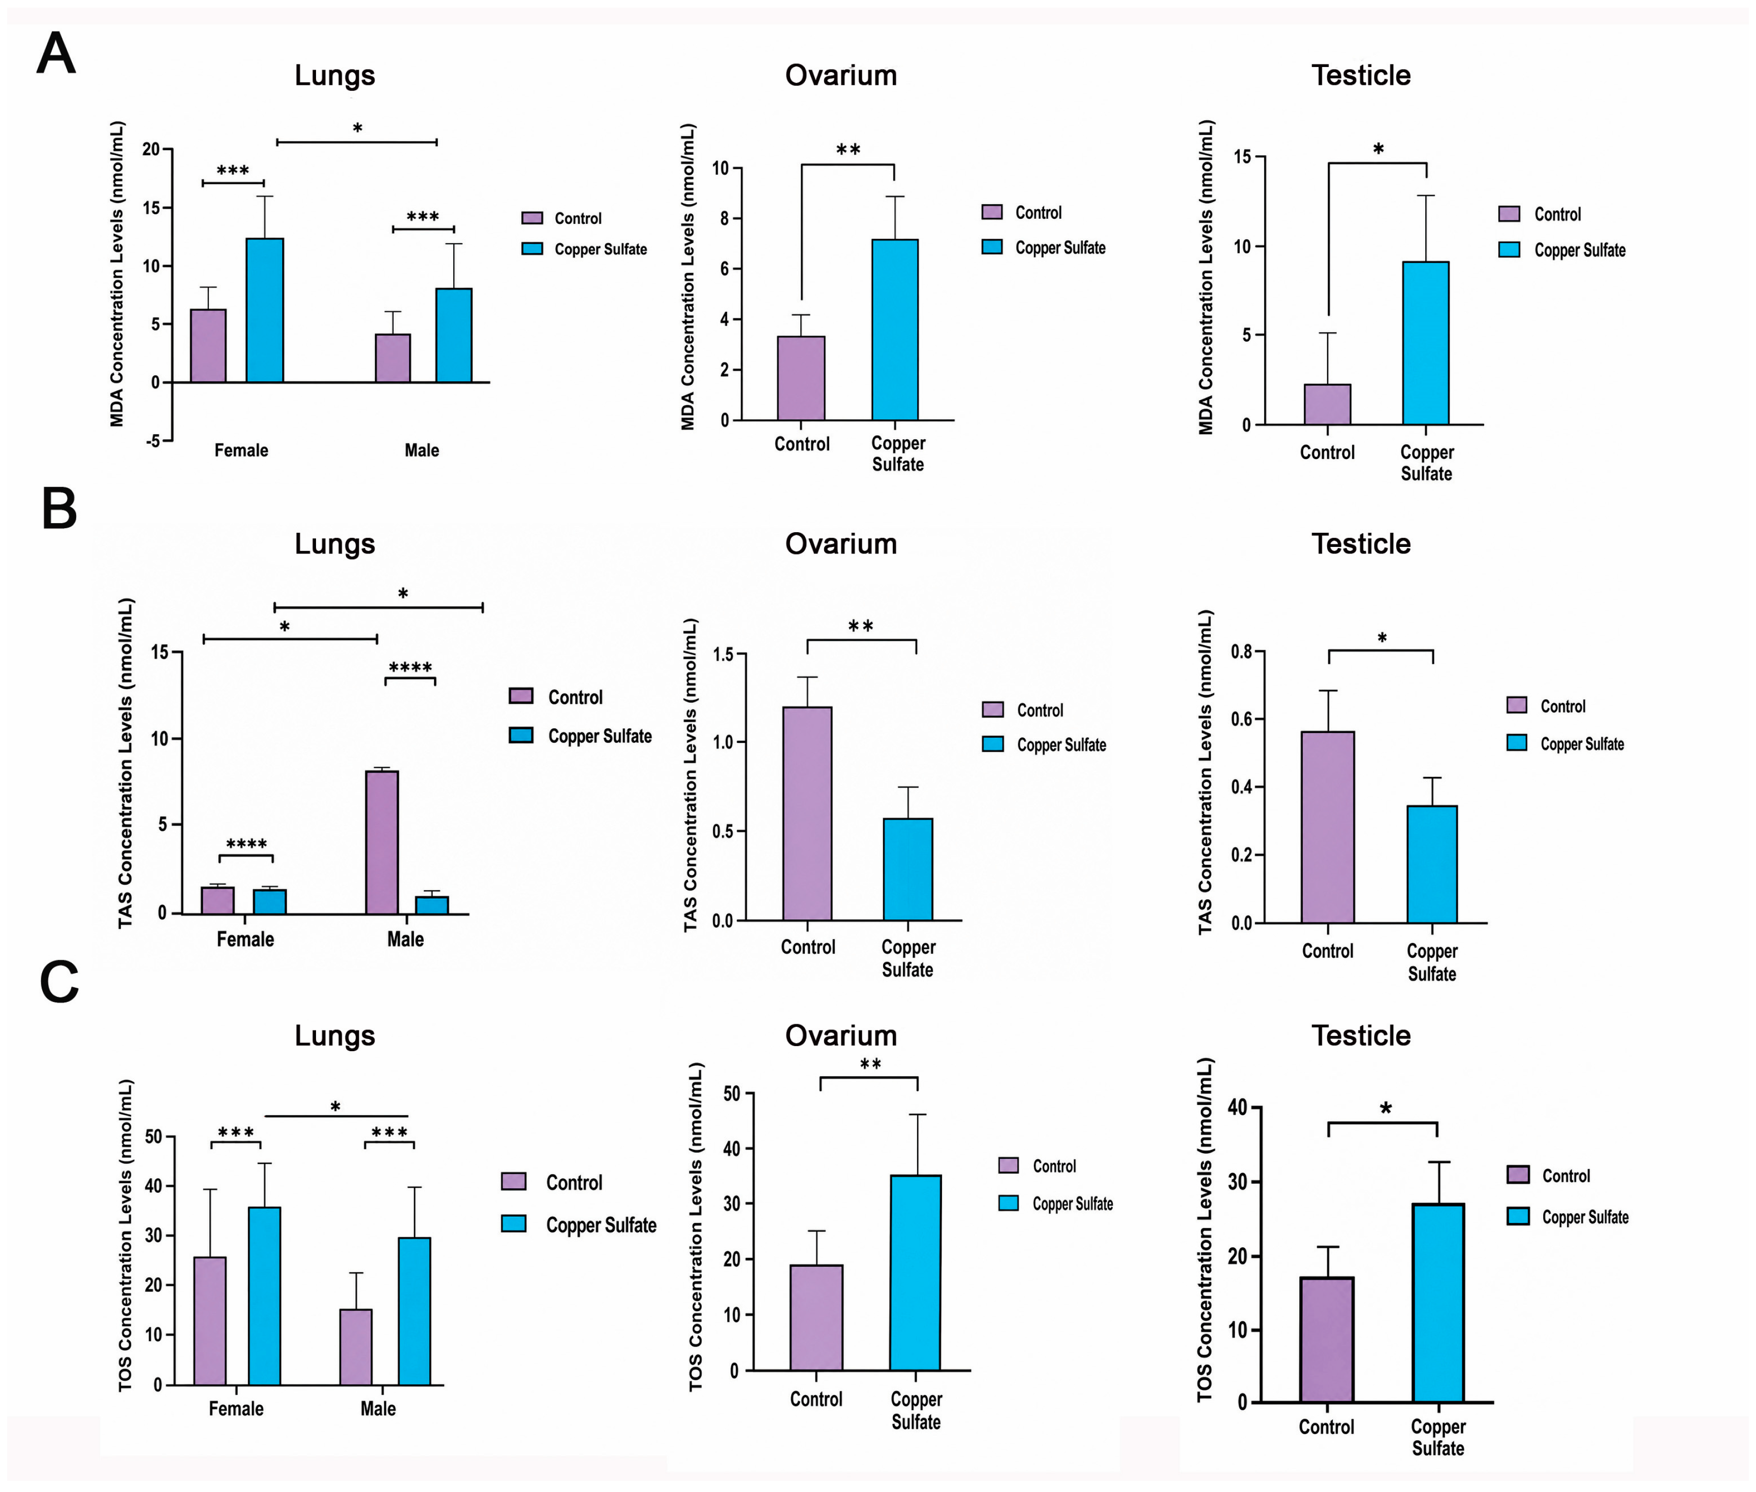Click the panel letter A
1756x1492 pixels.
pos(56,54)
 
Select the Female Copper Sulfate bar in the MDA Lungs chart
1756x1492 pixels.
pos(265,310)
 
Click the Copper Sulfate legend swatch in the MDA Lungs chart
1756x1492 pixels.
pos(531,249)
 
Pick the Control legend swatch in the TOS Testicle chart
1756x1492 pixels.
pos(1518,1174)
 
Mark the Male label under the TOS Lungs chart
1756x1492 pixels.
pos(378,1408)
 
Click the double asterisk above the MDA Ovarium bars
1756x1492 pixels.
pos(848,150)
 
